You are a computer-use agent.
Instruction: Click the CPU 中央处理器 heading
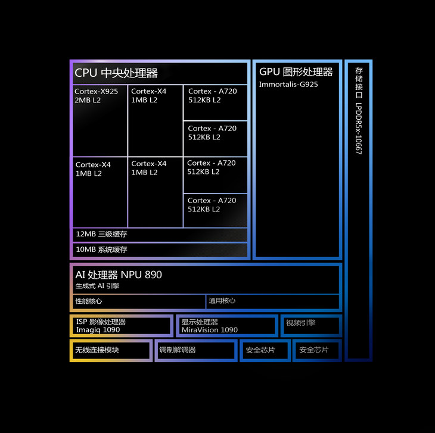pyautogui.click(x=116, y=73)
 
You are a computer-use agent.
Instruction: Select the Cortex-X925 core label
pyautogui.click(x=96, y=92)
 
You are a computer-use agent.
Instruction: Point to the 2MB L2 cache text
pyautogui.click(x=87, y=100)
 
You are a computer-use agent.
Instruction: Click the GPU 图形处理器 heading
pyautogui.click(x=296, y=72)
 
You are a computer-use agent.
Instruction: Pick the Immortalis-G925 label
pyautogui.click(x=288, y=85)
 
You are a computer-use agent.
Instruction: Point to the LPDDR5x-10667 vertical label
pyautogui.click(x=359, y=130)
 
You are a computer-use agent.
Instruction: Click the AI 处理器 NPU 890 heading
pyautogui.click(x=118, y=275)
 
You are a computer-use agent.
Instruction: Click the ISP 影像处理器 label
pyautogui.click(x=101, y=322)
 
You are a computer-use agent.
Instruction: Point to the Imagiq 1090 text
pyautogui.click(x=98, y=330)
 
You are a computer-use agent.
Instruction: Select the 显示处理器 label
pyautogui.click(x=200, y=322)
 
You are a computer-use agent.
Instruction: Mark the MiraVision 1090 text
pyautogui.click(x=209, y=330)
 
